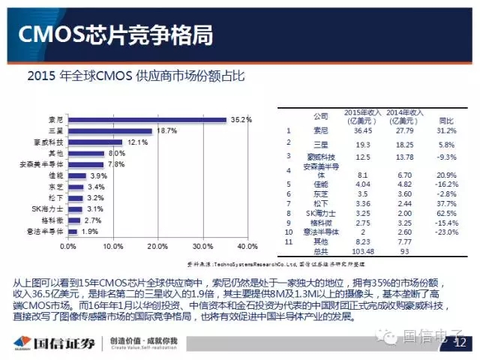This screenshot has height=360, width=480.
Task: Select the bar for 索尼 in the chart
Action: [147, 119]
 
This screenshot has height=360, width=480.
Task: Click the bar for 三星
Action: [109, 130]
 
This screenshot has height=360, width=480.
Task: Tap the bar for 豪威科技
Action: [94, 142]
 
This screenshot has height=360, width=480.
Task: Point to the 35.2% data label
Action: [241, 119]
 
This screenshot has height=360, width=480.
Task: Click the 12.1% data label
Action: [137, 142]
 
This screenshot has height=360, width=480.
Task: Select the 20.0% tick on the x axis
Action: [157, 246]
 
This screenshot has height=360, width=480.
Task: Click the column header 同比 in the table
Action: [445, 119]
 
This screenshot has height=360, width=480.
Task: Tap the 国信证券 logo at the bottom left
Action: [56, 343]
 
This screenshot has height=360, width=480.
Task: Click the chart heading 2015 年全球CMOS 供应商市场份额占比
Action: [136, 76]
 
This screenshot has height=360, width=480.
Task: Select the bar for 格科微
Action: [73, 220]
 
